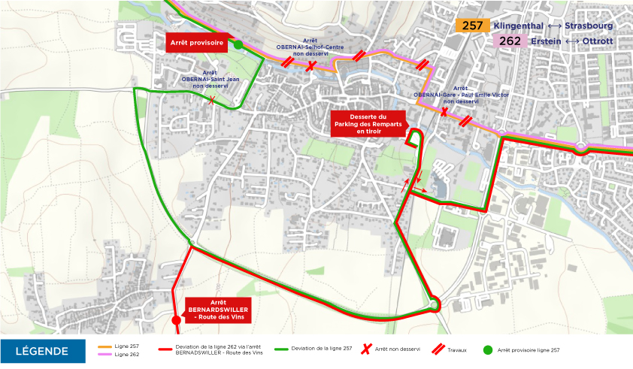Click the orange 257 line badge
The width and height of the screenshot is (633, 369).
pyautogui.click(x=472, y=26)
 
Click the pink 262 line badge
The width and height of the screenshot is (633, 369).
pyautogui.click(x=510, y=41)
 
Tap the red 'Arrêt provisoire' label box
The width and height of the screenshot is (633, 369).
pyautogui.click(x=197, y=44)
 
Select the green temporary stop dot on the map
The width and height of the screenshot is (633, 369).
pyautogui.click(x=238, y=45)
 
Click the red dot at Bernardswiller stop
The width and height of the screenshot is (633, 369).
pyautogui.click(x=177, y=320)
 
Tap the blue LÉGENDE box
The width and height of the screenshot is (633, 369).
pyautogui.click(x=42, y=351)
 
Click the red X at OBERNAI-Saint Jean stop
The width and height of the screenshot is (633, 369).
pyautogui.click(x=213, y=100)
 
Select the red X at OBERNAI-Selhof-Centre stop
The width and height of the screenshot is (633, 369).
pyautogui.click(x=310, y=66)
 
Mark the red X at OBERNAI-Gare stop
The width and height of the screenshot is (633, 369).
pyautogui.click(x=444, y=112)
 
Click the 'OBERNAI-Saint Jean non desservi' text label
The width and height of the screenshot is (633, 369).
pyautogui.click(x=210, y=79)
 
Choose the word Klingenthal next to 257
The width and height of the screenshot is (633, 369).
pyautogui.click(x=519, y=26)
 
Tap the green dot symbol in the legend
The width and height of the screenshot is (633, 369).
pyautogui.click(x=487, y=350)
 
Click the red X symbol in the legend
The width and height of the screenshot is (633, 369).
pyautogui.click(x=366, y=350)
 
